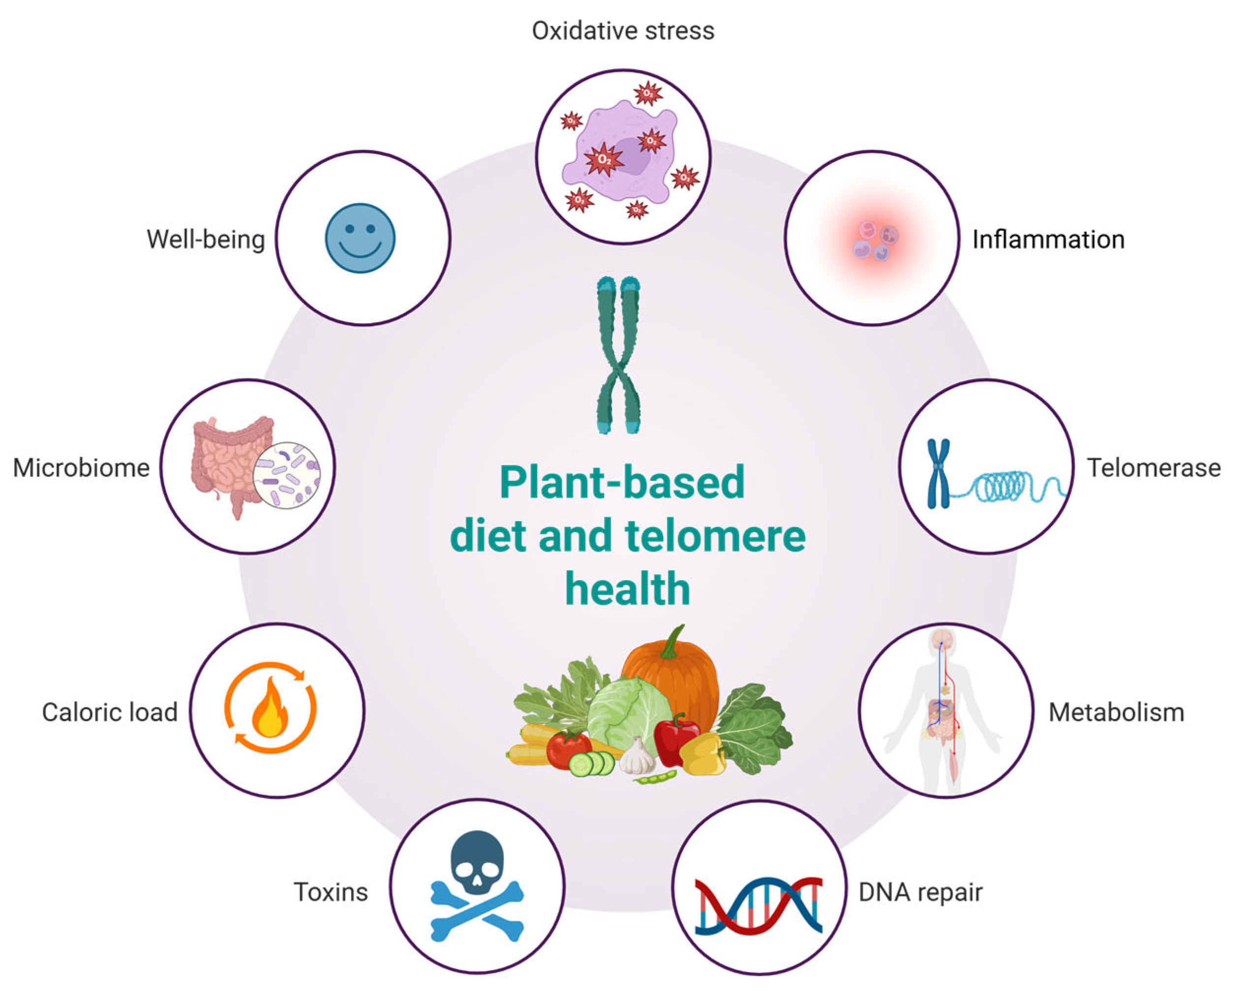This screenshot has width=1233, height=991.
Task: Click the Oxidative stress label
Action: pyautogui.click(x=623, y=31)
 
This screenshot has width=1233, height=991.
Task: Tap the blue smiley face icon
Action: pyautogui.click(x=360, y=238)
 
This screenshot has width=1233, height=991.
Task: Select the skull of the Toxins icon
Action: pyautogui.click(x=477, y=861)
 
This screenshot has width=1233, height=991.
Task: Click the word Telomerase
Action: pyautogui.click(x=1153, y=468)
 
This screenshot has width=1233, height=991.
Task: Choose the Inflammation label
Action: pyautogui.click(x=1048, y=240)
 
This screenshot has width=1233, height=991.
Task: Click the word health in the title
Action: pyautogui.click(x=628, y=589)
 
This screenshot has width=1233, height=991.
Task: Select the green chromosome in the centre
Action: pyautogui.click(x=618, y=355)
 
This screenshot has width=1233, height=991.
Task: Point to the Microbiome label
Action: pyautogui.click(x=81, y=468)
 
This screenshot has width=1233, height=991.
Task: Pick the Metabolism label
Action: pyautogui.click(x=1116, y=712)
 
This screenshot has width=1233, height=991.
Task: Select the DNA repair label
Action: pyautogui.click(x=920, y=892)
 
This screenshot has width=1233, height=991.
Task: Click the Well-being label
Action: pyautogui.click(x=206, y=240)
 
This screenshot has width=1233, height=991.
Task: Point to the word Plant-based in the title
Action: pyautogui.click(x=622, y=483)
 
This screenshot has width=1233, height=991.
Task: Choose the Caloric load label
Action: pyautogui.click(x=110, y=712)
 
